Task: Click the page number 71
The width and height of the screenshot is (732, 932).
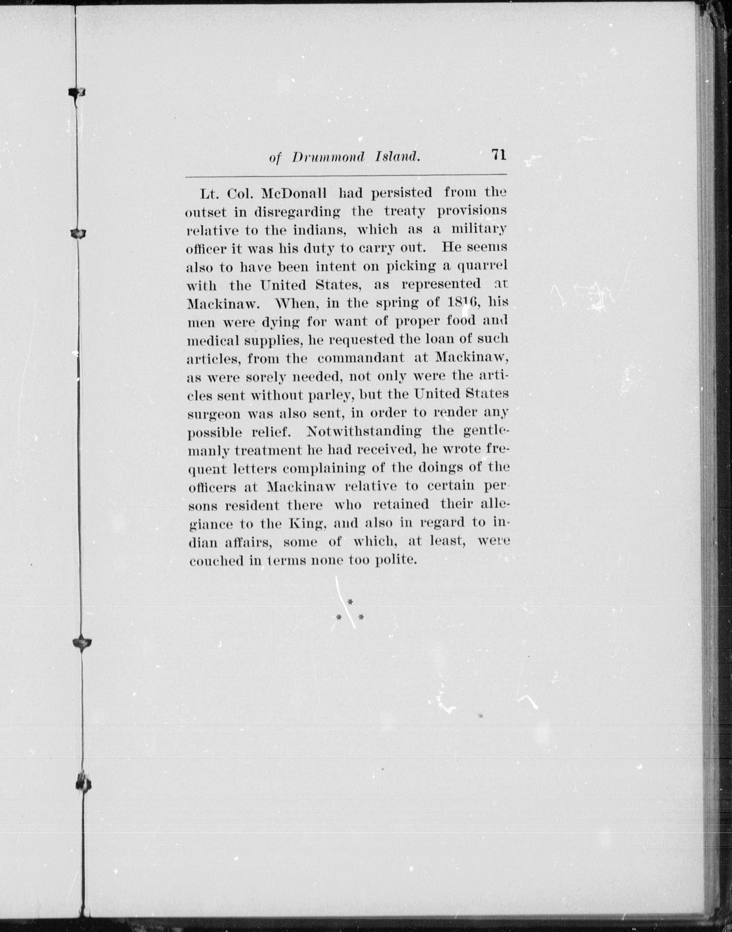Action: tap(499, 154)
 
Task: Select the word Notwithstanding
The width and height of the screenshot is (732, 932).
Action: tap(364, 431)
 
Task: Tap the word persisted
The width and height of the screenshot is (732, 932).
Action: tap(401, 193)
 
